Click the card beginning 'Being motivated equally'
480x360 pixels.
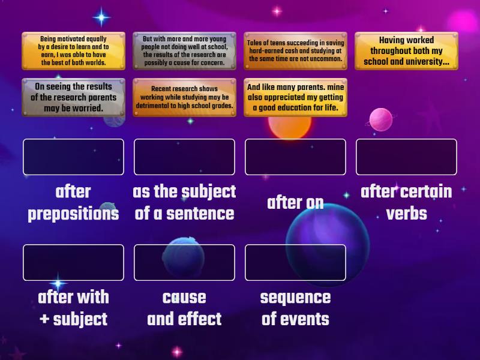[x=73, y=51]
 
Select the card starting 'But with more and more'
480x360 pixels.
[x=184, y=51]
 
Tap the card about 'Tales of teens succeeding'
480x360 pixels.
[x=295, y=51]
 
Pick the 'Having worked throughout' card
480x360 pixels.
[x=406, y=51]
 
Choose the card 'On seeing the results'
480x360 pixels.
[x=73, y=97]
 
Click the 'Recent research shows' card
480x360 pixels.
[x=184, y=97]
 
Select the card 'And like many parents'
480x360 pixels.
[x=295, y=97]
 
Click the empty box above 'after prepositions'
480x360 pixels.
[x=73, y=157]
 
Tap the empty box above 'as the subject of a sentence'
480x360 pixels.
[x=184, y=157]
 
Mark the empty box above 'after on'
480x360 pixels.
[x=295, y=157]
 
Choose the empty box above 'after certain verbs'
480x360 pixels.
[x=406, y=157]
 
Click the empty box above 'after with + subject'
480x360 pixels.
[x=73, y=263]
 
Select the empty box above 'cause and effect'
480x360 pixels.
[x=184, y=263]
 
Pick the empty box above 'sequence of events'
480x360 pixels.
[x=295, y=263]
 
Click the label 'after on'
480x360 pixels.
[x=295, y=203]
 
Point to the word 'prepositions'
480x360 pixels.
[x=73, y=214]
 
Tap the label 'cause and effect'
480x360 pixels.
[x=184, y=308]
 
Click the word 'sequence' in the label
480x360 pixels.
[x=295, y=297]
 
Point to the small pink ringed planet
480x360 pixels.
[x=380, y=120]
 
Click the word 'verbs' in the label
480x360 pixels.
[x=406, y=214]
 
